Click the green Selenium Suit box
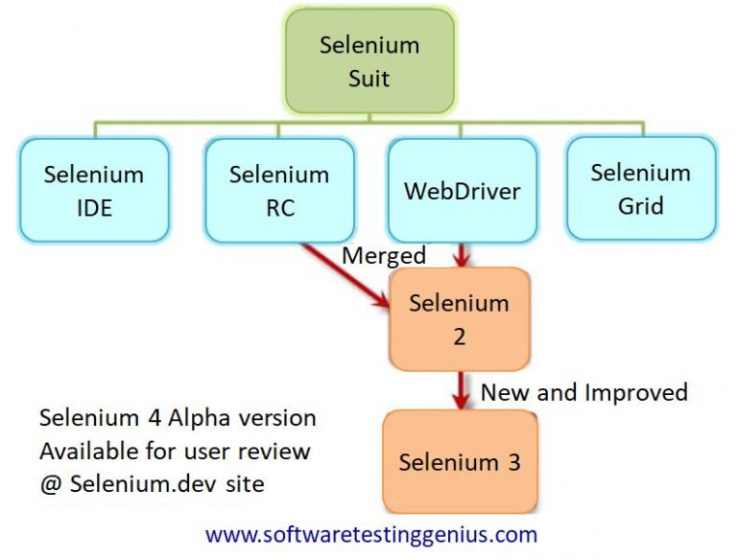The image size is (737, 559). [368, 59]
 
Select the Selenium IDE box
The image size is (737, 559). [93, 190]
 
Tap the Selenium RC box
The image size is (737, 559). [278, 190]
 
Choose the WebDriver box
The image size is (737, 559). [462, 190]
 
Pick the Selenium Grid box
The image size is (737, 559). [640, 188]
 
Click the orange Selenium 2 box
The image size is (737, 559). [459, 318]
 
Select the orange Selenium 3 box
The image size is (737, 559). [459, 461]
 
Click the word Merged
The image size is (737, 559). [384, 256]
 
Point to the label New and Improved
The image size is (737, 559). [583, 392]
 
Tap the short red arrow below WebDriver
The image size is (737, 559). [463, 255]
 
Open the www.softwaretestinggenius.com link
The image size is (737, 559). [371, 534]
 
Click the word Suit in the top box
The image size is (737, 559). [368, 77]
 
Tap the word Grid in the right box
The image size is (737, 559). [640, 205]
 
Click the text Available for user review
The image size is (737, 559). [175, 452]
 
